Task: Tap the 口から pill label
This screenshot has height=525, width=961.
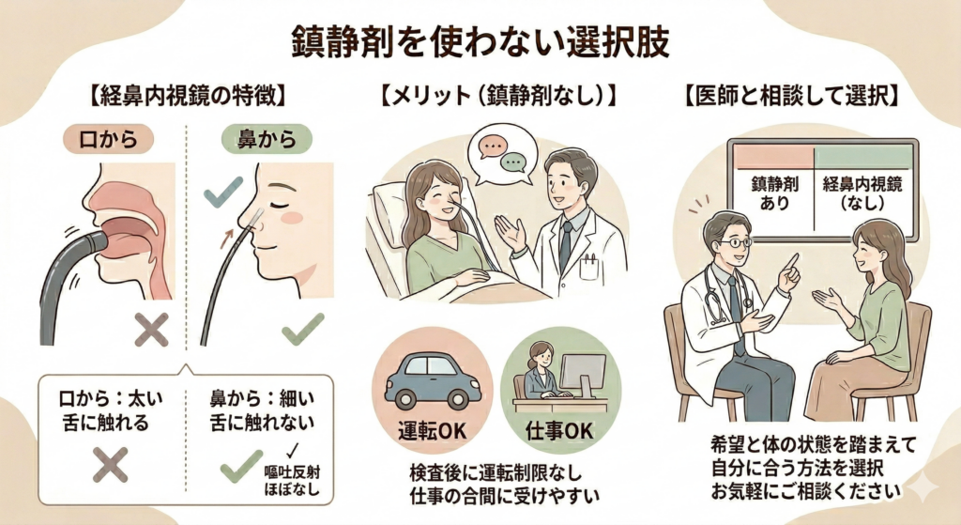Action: pyautogui.click(x=107, y=140)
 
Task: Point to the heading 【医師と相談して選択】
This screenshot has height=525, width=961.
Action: pyautogui.click(x=792, y=94)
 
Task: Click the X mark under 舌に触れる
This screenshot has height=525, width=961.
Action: pyautogui.click(x=111, y=463)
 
